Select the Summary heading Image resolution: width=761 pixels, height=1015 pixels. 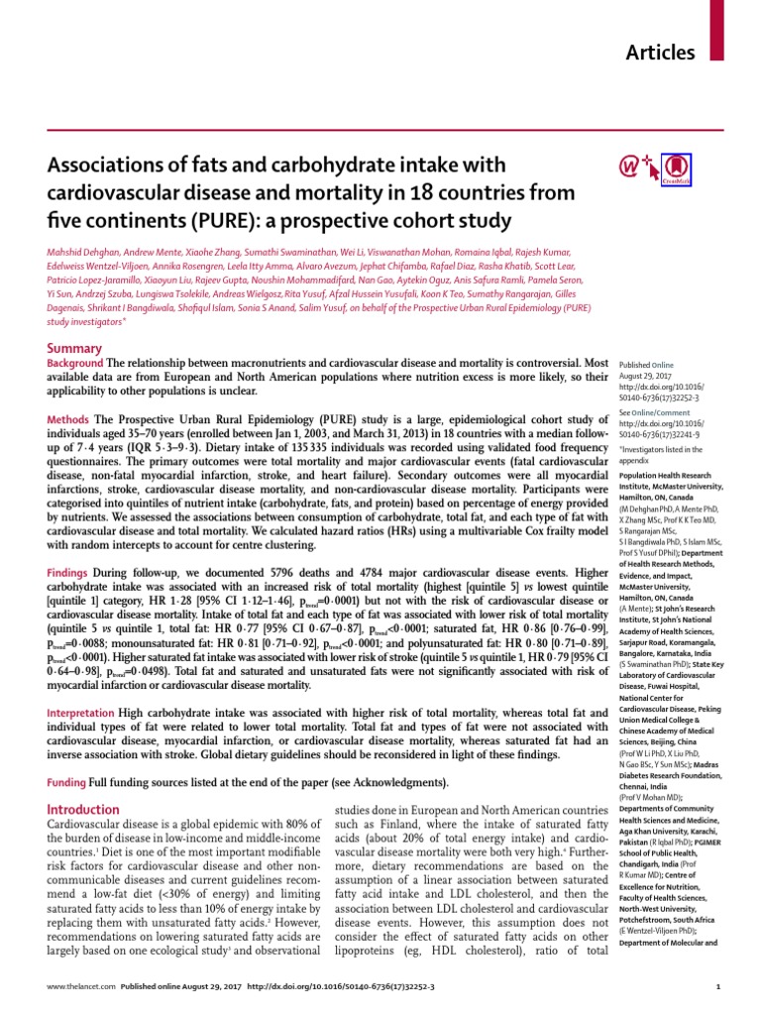pos(74,348)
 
